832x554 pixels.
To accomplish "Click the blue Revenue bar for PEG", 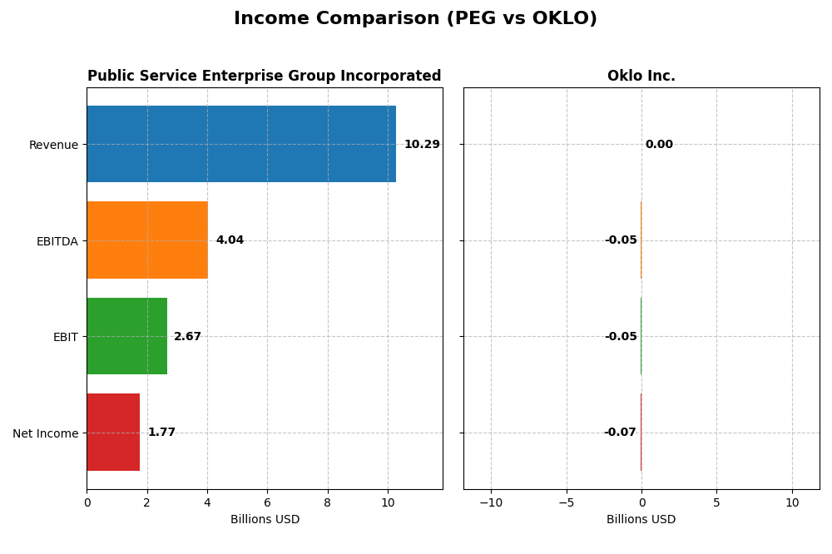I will (241, 144).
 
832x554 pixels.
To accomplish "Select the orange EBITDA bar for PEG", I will (147, 240).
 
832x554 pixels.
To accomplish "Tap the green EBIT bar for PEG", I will (126, 336).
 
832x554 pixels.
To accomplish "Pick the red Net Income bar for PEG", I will (113, 433).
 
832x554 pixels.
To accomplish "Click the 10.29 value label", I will (422, 145).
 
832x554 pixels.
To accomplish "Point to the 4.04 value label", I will (230, 240).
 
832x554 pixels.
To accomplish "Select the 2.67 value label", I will (187, 337).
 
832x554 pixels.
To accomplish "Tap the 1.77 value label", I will (161, 433).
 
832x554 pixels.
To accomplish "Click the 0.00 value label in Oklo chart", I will (659, 145).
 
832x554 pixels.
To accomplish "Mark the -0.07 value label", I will (620, 433).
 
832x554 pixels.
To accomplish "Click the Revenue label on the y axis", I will (53, 146).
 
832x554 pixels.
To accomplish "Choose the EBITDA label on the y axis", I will (57, 241).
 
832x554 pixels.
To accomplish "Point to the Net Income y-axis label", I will (45, 433).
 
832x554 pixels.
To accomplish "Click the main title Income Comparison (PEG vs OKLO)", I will (415, 18).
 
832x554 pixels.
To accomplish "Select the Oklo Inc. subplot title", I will (641, 77).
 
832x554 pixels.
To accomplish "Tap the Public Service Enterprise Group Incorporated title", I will (264, 77).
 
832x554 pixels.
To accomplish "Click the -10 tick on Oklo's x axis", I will (491, 503).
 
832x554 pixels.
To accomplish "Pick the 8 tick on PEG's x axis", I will (328, 503).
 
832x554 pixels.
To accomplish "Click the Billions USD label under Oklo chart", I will (641, 520).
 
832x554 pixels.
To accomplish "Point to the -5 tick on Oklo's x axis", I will (566, 503).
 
